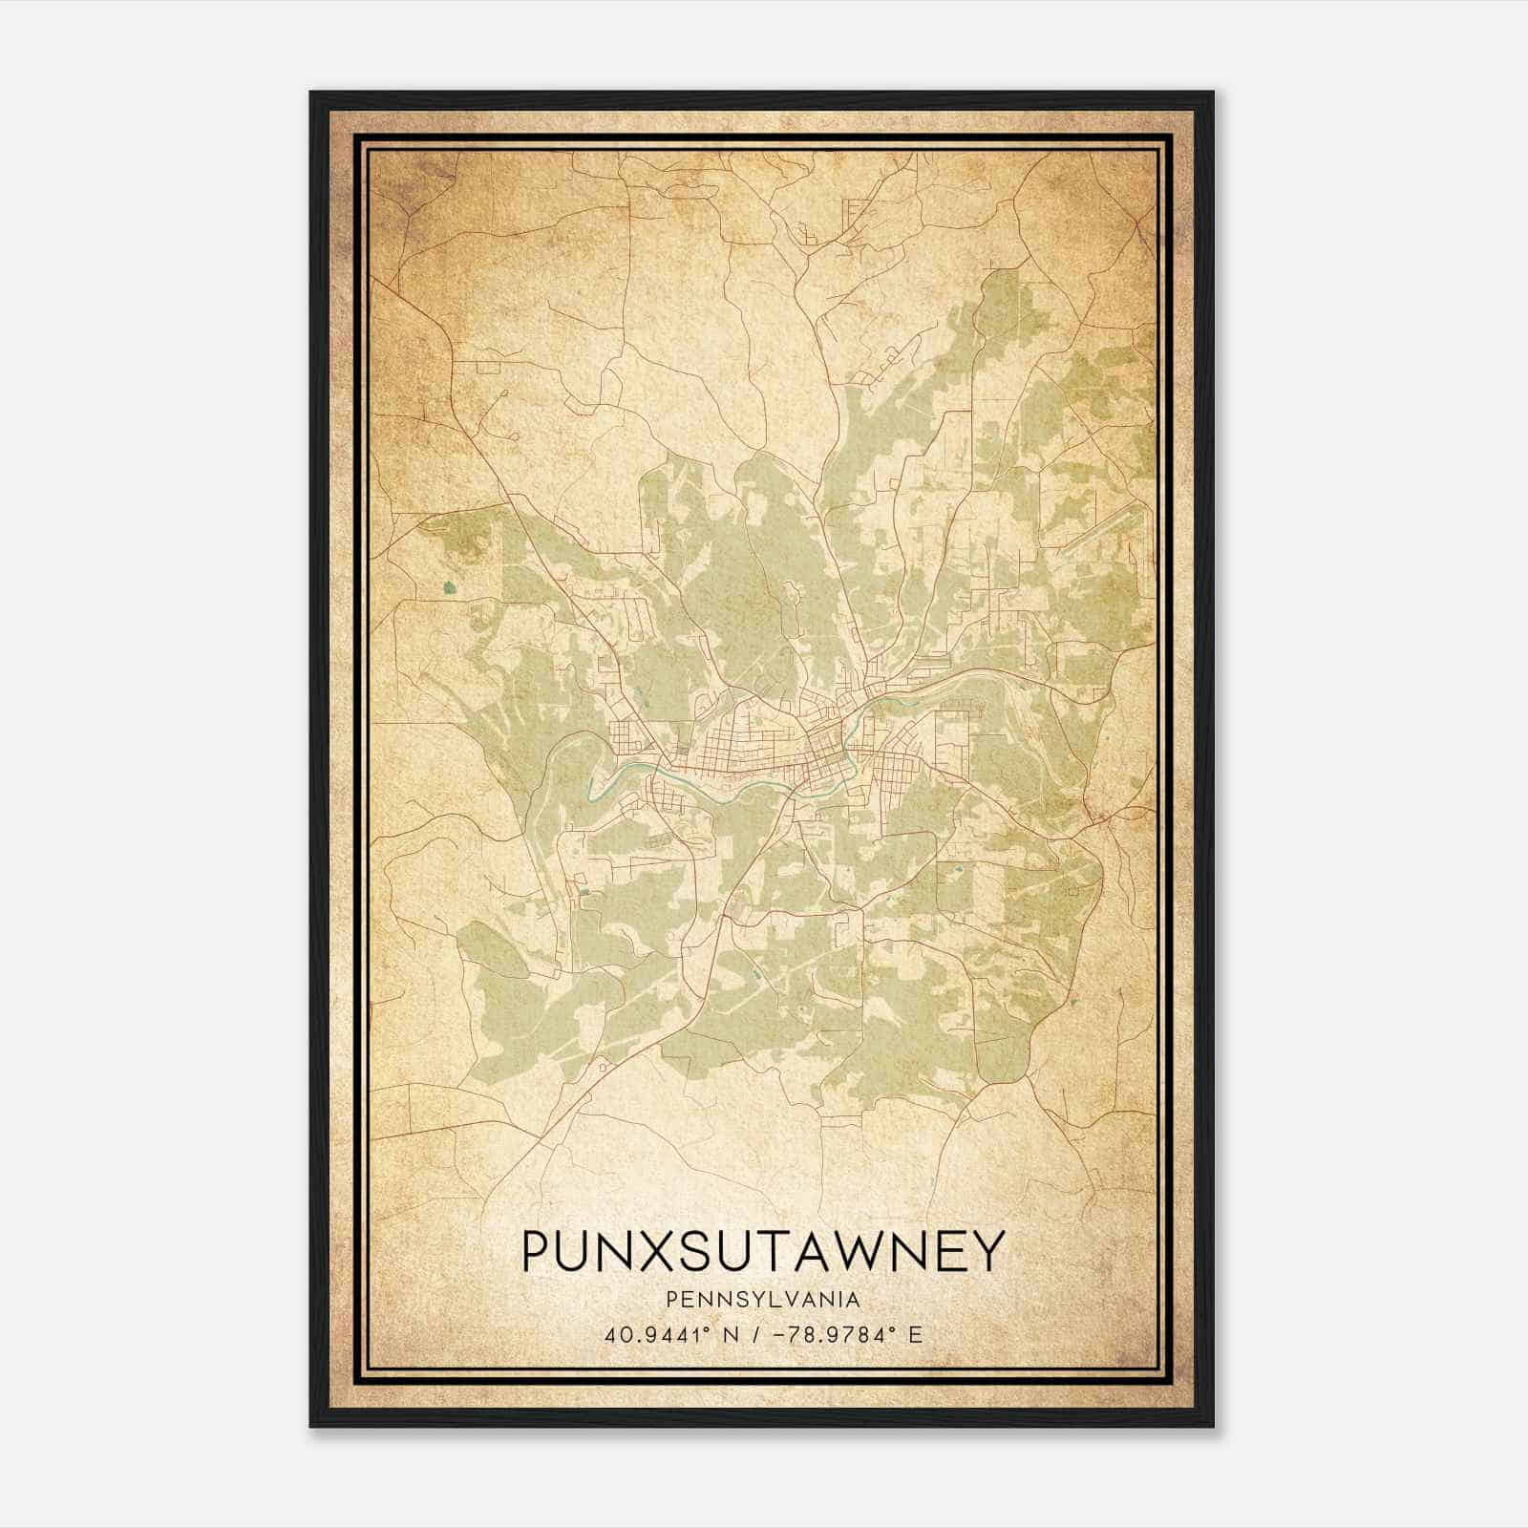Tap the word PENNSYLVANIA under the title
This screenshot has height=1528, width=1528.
click(763, 1299)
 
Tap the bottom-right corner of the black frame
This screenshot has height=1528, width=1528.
click(1213, 1426)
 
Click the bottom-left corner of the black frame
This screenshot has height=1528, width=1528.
click(311, 1426)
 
